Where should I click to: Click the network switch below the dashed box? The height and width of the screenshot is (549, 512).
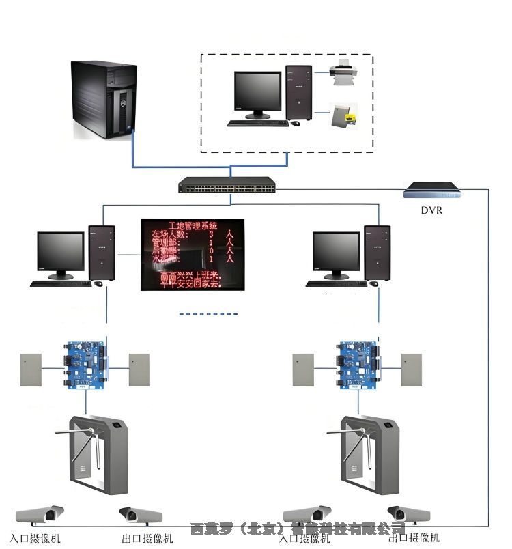227,184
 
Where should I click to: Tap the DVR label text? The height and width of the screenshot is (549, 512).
431,210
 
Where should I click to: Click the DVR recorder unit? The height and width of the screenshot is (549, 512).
431,189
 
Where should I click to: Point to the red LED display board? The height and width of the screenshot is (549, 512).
192,254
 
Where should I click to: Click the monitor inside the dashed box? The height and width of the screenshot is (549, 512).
257,94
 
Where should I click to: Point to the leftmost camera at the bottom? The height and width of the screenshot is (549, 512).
40,514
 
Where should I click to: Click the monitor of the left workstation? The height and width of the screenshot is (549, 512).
60,254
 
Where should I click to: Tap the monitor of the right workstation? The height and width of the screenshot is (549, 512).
336,254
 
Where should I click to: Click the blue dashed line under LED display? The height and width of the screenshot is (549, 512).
208,314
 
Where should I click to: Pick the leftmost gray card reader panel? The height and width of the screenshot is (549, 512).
31,369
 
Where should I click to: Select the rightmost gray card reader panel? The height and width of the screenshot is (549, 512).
412,369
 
